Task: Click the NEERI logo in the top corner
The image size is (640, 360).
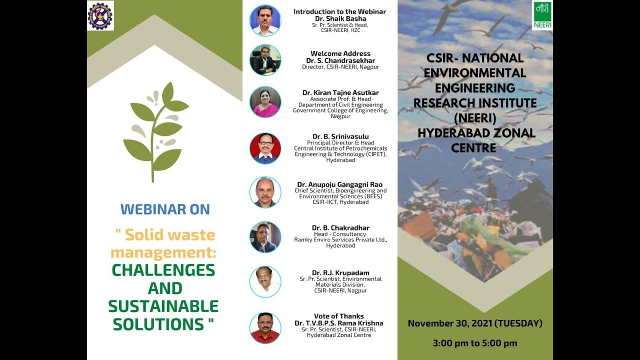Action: pyautogui.click(x=542, y=15)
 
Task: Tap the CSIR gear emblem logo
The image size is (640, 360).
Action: pyautogui.click(x=100, y=15)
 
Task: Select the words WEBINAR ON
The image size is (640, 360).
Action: pyautogui.click(x=165, y=209)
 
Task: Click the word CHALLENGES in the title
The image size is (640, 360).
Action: pyautogui.click(x=163, y=270)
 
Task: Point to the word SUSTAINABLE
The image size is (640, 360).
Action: pyautogui.click(x=163, y=306)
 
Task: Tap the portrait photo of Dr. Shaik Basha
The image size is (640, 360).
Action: pyautogui.click(x=265, y=20)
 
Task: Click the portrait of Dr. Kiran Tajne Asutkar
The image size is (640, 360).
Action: pyautogui.click(x=265, y=102)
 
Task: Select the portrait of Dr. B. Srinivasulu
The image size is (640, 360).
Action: pyautogui.click(x=265, y=148)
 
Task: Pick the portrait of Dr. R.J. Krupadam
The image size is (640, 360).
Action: pyautogui.click(x=265, y=281)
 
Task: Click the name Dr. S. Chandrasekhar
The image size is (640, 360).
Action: pyautogui.click(x=340, y=60)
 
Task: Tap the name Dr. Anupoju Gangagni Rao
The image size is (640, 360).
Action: pyautogui.click(x=339, y=184)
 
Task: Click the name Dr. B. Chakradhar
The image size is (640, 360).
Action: pyautogui.click(x=340, y=228)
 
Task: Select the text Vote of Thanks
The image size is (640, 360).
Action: pyautogui.click(x=338, y=316)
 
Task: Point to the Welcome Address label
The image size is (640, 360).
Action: pyautogui.click(x=340, y=53)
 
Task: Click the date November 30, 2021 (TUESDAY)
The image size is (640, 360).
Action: pyautogui.click(x=475, y=323)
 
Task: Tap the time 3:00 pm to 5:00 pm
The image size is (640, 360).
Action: pyautogui.click(x=475, y=343)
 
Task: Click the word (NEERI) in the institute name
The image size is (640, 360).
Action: pyautogui.click(x=474, y=118)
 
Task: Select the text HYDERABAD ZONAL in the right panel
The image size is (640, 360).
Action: pyautogui.click(x=476, y=133)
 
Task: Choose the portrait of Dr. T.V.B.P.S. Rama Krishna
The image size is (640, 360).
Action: pyautogui.click(x=265, y=328)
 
